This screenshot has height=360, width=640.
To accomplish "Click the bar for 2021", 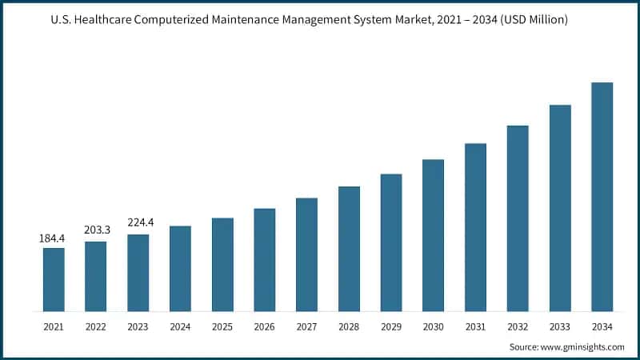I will (54, 279).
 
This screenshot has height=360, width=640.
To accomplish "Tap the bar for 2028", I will (349, 249).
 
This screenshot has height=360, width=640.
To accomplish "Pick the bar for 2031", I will (475, 227).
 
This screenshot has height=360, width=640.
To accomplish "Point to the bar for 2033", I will (560, 208).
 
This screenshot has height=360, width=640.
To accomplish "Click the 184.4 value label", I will (52, 238).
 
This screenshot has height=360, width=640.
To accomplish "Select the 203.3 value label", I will (96, 230).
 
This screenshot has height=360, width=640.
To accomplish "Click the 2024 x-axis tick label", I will (180, 326).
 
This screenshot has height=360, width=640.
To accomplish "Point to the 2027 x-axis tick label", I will (306, 326).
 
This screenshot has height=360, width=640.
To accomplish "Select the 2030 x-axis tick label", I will (433, 326).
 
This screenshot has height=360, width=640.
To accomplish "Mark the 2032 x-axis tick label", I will (518, 326).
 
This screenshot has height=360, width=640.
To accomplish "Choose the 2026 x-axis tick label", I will (264, 326).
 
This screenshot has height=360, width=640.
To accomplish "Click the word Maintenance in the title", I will (274, 19).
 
